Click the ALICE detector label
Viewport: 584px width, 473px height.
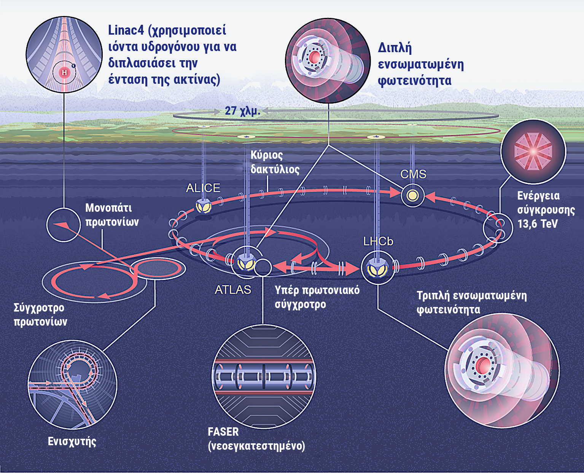coord(203,188)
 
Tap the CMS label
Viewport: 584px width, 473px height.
coord(413,174)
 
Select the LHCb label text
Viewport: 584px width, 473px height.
coord(378,241)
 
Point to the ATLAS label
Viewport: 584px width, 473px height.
coord(233,290)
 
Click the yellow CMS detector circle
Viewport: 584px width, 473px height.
coord(412,196)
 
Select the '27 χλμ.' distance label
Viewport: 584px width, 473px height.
coord(242,111)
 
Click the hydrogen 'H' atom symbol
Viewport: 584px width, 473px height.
coord(65,72)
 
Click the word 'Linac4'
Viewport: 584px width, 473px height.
coord(126,30)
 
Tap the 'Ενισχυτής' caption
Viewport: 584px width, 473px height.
coord(72,441)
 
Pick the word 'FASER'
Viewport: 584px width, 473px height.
coord(223,432)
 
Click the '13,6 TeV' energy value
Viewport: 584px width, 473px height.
coord(537,224)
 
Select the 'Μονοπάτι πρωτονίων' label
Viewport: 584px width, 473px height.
coord(112,215)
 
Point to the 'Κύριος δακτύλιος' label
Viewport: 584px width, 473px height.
coord(275,162)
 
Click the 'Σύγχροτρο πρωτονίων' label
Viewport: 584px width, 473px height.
coord(40,315)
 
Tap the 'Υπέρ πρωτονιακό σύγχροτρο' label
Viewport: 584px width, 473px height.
coord(317,297)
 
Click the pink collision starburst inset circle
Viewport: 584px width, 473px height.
coord(533,151)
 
